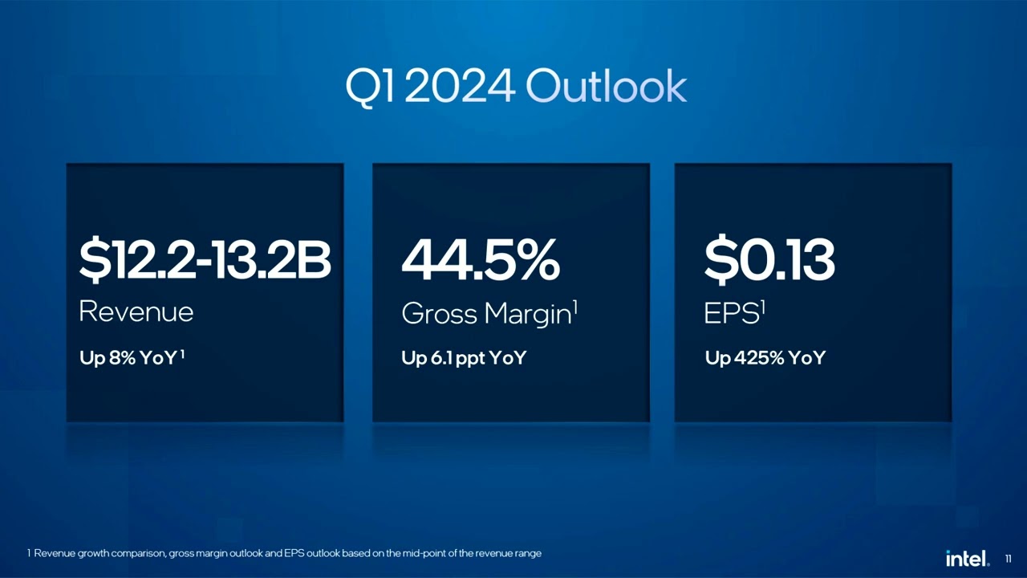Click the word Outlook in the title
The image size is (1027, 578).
pyautogui.click(x=607, y=87)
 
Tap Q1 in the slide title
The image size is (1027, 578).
pyautogui.click(x=370, y=87)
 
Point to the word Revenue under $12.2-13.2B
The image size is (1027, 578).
pyautogui.click(x=136, y=311)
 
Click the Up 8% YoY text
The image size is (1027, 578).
pyautogui.click(x=128, y=358)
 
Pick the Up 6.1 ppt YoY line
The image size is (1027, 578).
pyautogui.click(x=464, y=358)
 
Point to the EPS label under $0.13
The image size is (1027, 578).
pyautogui.click(x=730, y=314)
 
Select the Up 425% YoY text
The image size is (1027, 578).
pyautogui.click(x=765, y=358)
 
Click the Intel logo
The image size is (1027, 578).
pyautogui.click(x=967, y=558)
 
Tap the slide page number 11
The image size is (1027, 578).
pyautogui.click(x=1009, y=559)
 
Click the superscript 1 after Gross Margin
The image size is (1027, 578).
pyautogui.click(x=575, y=306)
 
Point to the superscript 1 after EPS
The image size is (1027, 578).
pyautogui.click(x=762, y=306)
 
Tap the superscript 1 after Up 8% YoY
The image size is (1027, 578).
pyautogui.click(x=183, y=354)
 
